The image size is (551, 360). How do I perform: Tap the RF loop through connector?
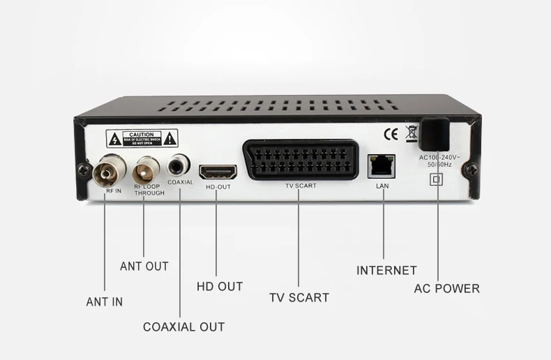click(x=145, y=167)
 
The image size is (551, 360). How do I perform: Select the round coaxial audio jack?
click(x=179, y=165)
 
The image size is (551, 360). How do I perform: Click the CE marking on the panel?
click(x=391, y=133)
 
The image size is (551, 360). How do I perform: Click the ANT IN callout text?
click(x=105, y=302)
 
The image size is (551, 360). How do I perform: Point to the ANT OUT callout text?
click(x=144, y=266)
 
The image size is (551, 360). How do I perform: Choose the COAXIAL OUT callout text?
click(x=184, y=327)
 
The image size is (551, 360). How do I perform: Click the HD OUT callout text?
click(x=220, y=286)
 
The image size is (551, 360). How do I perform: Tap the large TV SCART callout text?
click(x=299, y=297)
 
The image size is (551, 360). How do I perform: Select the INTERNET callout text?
click(x=386, y=270)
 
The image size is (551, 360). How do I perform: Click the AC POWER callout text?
click(x=447, y=288)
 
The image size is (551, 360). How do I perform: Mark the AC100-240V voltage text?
click(x=437, y=158)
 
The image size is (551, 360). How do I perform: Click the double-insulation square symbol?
click(x=437, y=179)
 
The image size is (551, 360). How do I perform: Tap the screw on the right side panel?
click(x=474, y=168)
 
